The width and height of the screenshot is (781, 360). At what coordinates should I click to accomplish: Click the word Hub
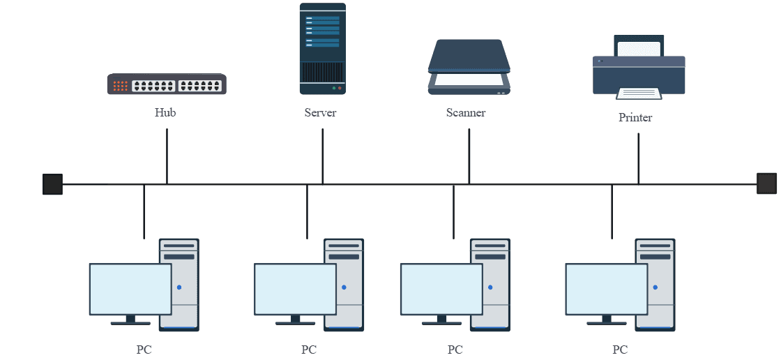165,112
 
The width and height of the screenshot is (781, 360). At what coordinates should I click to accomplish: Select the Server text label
321,112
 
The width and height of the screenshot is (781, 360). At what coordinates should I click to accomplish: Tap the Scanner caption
466,112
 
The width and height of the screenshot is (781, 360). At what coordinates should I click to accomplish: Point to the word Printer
635,117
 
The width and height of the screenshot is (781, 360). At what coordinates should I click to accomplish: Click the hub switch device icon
167,84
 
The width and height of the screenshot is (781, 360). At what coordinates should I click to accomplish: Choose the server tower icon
322,49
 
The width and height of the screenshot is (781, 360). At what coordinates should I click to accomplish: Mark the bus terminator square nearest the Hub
52,184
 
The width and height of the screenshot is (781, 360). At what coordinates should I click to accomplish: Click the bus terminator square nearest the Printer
767,183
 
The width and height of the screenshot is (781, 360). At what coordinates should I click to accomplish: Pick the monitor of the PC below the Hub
130,289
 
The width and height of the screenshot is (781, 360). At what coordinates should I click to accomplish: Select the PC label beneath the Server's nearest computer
309,350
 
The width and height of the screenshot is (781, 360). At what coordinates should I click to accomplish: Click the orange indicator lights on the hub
121,86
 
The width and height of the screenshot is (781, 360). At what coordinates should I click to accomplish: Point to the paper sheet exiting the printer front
639,93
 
